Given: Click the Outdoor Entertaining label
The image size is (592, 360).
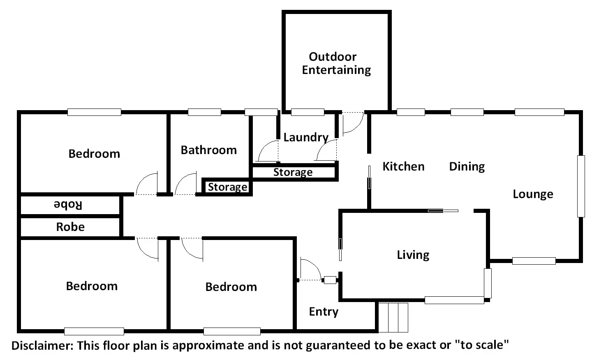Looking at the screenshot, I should point(336,63).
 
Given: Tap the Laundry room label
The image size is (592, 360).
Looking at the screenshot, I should point(306,137).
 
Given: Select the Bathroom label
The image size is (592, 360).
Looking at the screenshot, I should point(208,150).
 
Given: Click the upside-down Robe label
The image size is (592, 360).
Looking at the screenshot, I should point(68,205).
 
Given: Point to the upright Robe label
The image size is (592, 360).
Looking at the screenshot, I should point(70,227).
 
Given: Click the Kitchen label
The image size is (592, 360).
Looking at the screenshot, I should point(403,166).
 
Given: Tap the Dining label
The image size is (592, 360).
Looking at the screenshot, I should point(467,166).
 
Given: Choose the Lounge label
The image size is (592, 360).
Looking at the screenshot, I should point(533,194).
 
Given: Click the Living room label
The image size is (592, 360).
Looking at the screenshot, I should point(413,255).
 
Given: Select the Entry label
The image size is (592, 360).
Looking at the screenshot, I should point(324,312).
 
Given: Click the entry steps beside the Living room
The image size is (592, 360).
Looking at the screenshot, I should point(393,317).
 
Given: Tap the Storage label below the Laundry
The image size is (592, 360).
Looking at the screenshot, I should point(293,172).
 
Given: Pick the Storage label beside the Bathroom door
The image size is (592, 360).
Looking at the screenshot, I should point(227,187).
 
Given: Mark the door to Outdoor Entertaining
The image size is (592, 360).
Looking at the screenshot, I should point(353,122).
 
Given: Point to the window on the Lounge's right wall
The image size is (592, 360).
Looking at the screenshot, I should point(580,186).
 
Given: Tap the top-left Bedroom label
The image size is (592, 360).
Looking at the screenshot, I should point(94,154).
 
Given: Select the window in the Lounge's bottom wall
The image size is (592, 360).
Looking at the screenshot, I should point(534,261).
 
